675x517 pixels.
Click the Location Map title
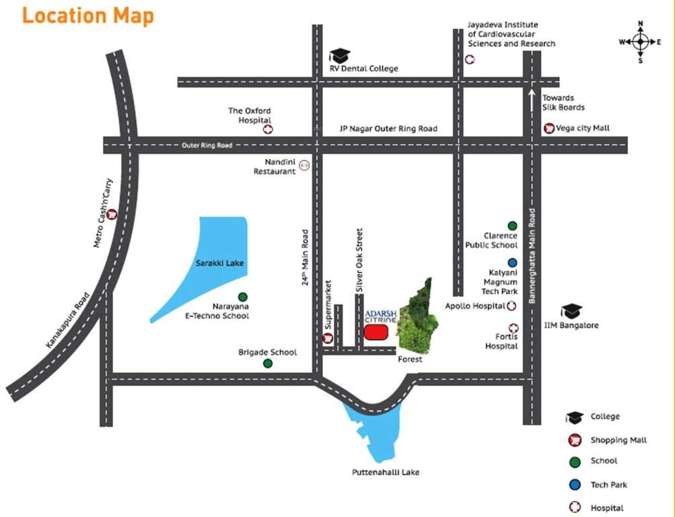coord(88,15)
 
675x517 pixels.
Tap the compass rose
coord(640,42)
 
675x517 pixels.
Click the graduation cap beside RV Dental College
coord(340,56)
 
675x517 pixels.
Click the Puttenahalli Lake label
coord(386,472)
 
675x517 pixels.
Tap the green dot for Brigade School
coord(268,364)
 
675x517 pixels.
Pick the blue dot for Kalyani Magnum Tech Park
coord(512,263)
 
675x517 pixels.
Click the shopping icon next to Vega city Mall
coord(549,128)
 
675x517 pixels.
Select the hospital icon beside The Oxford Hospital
coord(268,128)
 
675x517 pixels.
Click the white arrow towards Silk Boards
coord(532,100)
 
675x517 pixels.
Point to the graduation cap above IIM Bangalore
coord(571,311)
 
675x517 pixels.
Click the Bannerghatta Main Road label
coord(532,256)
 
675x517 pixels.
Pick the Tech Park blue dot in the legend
coord(574,485)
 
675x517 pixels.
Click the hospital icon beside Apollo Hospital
coord(511,306)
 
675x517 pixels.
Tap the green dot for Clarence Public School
coord(512,226)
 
